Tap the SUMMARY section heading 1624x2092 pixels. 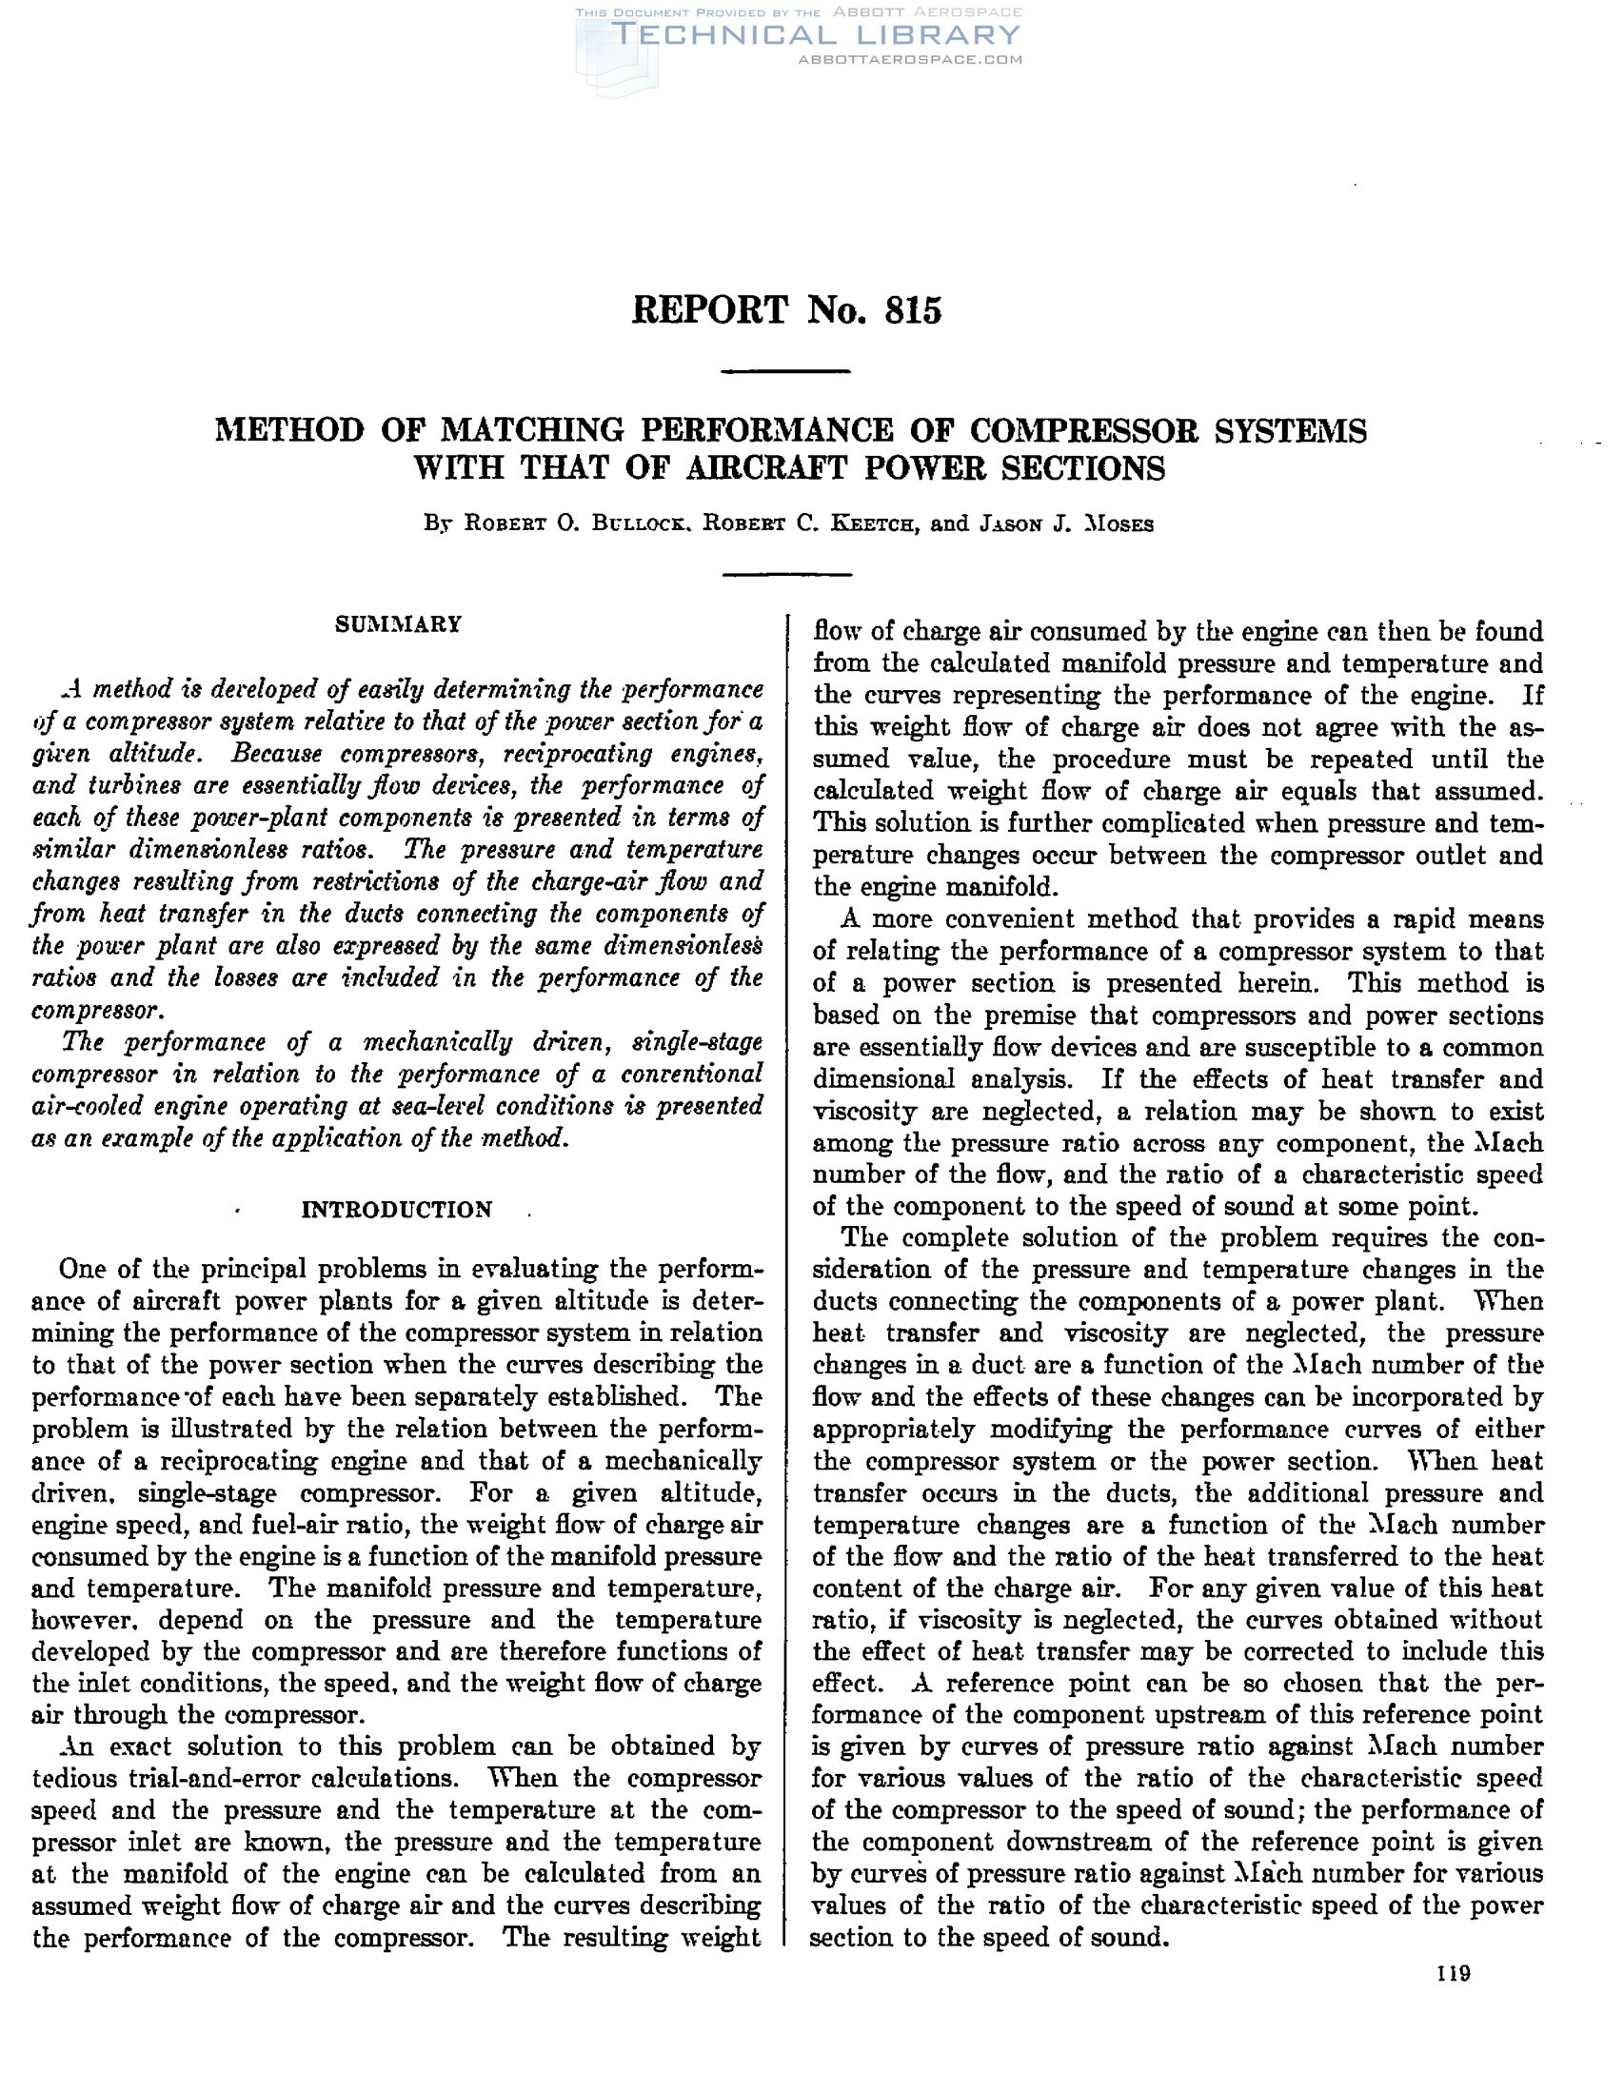pos(398,624)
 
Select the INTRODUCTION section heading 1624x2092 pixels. pos(397,1210)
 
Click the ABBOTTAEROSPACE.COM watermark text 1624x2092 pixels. pos(910,59)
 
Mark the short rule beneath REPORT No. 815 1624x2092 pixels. pos(785,370)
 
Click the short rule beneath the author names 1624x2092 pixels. pos(785,574)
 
